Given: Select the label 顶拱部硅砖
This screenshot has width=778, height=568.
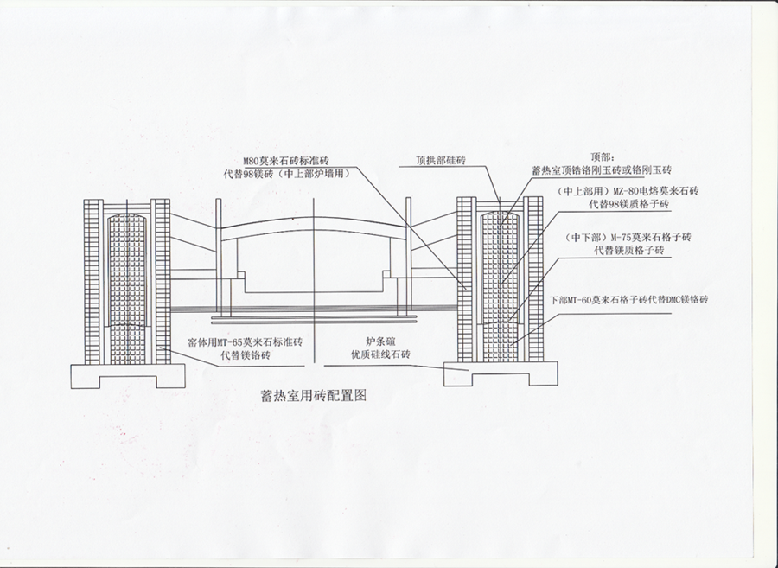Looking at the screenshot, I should click(441, 161).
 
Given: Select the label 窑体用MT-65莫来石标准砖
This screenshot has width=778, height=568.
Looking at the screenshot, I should click(245, 342).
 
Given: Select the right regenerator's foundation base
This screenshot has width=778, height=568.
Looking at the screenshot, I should click(500, 374).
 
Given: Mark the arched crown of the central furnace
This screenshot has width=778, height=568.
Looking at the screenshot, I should click(314, 222).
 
